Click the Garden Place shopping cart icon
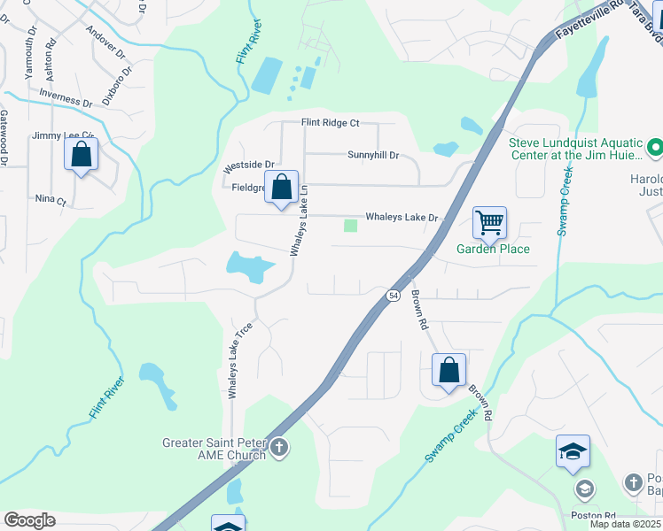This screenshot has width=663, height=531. [x=489, y=222]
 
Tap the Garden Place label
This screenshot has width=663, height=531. [x=493, y=249]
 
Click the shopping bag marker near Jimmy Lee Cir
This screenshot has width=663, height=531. [x=81, y=155]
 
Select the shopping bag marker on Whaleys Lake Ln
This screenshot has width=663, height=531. [x=282, y=188]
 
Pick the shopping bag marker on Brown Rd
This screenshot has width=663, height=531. [x=448, y=369]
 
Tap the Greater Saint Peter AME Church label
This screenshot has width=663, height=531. [x=214, y=450]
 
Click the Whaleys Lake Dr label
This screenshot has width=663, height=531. [x=402, y=217]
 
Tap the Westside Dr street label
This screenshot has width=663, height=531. [x=249, y=165]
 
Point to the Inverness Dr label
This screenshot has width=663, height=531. [x=66, y=98]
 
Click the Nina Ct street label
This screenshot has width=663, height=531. [x=51, y=201]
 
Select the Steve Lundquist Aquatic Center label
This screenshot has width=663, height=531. [x=575, y=149]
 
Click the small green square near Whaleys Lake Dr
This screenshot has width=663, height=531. [x=350, y=225]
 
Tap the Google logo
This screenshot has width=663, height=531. [x=29, y=520]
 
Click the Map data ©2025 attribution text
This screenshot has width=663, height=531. [x=624, y=524]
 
